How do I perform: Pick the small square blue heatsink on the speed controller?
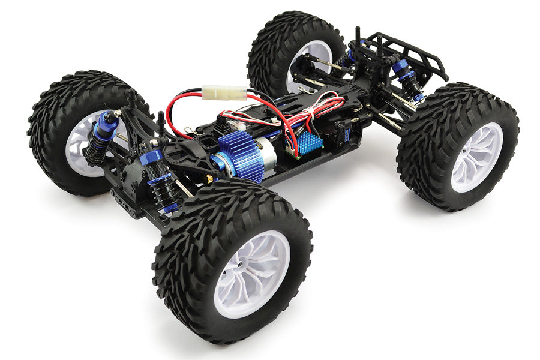point(311,140)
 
